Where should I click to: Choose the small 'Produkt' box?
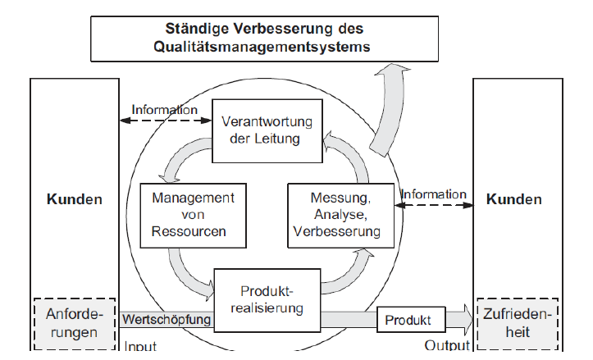[411, 319]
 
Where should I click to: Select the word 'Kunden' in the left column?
[75, 199]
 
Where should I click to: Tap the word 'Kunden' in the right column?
[514, 199]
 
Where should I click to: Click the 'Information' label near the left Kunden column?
[165, 109]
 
